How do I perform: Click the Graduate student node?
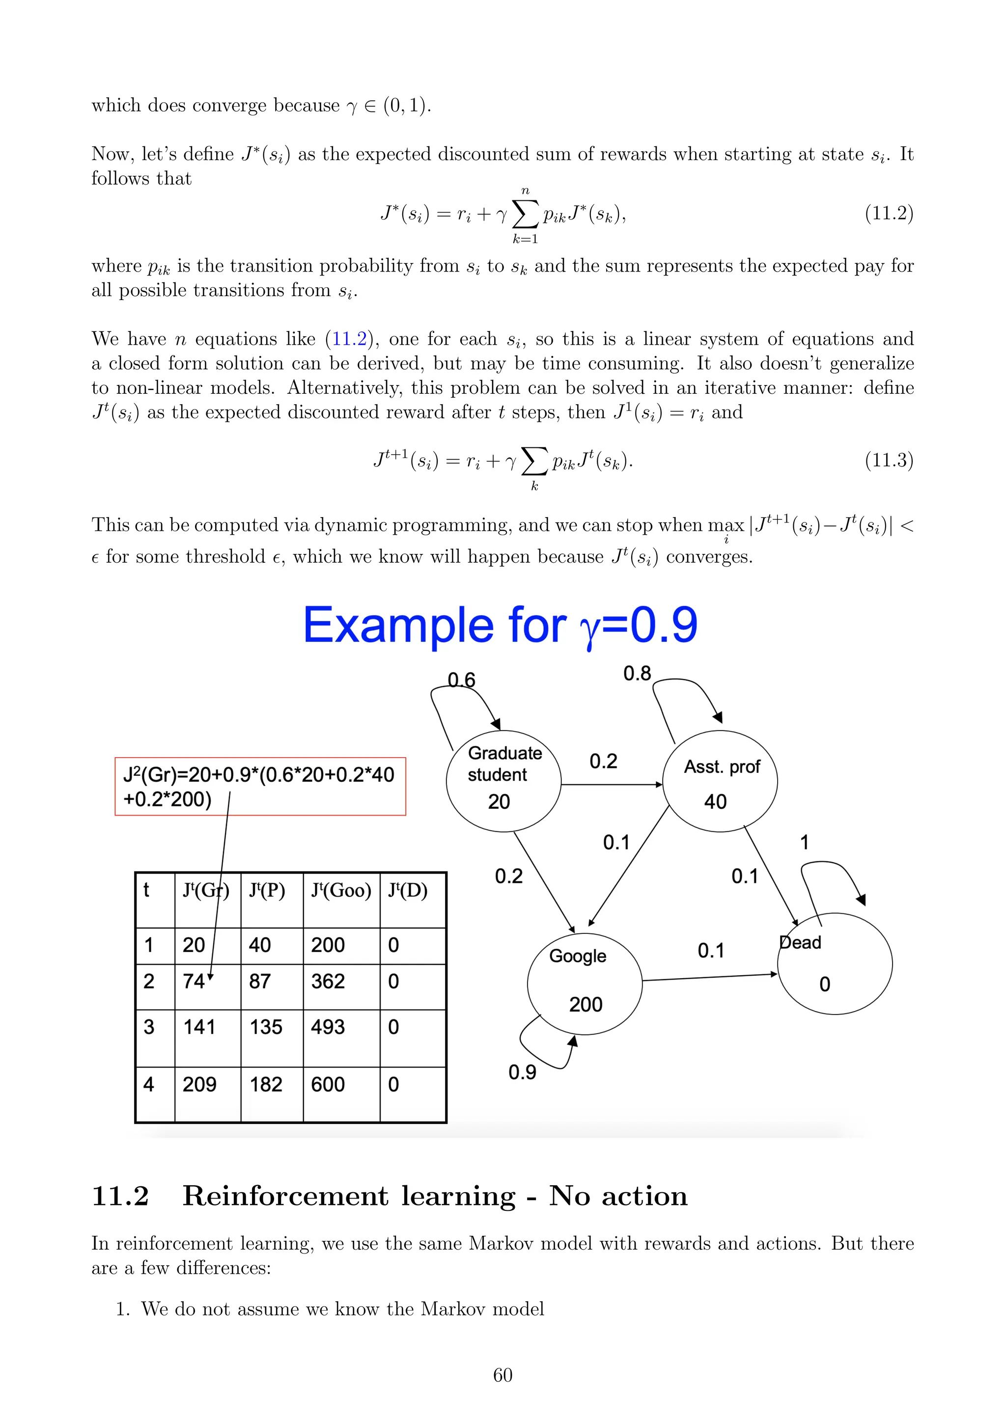pyautogui.click(x=503, y=780)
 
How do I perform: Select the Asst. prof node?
pyautogui.click(x=720, y=782)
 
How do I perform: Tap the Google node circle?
pyautogui.click(x=584, y=984)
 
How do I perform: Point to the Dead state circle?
pyautogui.click(x=835, y=964)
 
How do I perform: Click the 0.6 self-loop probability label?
pyautogui.click(x=462, y=680)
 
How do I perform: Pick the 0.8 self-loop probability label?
pyautogui.click(x=637, y=673)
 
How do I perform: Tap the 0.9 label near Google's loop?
pyautogui.click(x=522, y=1072)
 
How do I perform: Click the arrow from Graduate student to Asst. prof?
pyautogui.click(x=612, y=785)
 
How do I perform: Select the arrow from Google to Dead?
pyautogui.click(x=709, y=977)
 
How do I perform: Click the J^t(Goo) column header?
pyautogui.click(x=341, y=891)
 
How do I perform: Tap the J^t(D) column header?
pyautogui.click(x=408, y=891)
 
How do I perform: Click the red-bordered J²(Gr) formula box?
pyautogui.click(x=260, y=786)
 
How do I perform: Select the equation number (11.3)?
pyautogui.click(x=888, y=460)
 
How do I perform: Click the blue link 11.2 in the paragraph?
pyautogui.click(x=349, y=339)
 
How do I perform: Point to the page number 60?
pyautogui.click(x=503, y=1375)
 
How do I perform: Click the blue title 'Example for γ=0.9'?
pyautogui.click(x=500, y=626)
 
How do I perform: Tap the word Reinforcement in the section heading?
pyautogui.click(x=349, y=1196)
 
